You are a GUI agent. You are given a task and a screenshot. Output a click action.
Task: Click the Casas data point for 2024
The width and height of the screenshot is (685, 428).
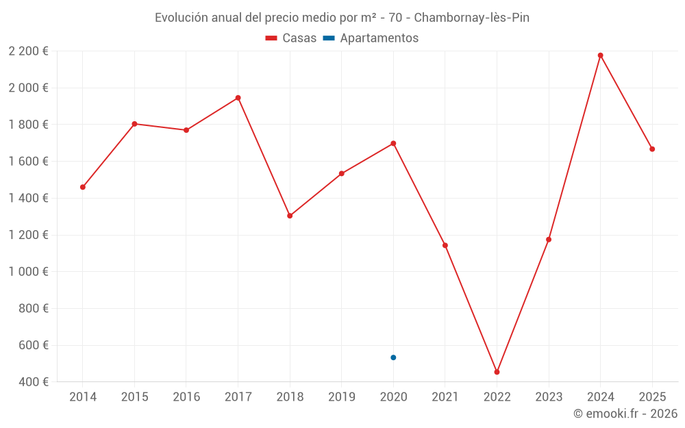(600, 55)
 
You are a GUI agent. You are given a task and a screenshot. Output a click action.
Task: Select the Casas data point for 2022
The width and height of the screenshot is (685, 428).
(497, 372)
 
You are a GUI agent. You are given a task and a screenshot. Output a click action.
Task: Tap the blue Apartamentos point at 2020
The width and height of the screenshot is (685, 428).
(393, 357)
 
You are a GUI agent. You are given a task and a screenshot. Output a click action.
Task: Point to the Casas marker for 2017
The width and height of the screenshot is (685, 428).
(238, 98)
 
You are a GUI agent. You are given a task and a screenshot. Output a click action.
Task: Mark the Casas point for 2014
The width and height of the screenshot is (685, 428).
(83, 187)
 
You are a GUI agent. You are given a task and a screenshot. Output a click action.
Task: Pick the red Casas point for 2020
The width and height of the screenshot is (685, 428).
(393, 143)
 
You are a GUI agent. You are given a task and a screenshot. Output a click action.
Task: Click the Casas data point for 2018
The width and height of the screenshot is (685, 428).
(290, 216)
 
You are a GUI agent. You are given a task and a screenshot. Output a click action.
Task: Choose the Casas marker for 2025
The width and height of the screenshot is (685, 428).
(652, 149)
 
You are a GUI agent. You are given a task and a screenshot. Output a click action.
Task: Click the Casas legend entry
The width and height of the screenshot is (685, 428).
(291, 38)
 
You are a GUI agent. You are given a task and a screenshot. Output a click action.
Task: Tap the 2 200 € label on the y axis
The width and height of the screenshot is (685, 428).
(29, 51)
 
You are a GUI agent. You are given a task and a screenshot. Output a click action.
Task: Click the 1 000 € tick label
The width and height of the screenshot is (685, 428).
(29, 272)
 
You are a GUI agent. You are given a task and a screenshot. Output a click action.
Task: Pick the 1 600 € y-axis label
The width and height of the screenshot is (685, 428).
(29, 162)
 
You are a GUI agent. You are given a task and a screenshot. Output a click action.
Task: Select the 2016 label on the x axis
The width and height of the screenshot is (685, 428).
(186, 397)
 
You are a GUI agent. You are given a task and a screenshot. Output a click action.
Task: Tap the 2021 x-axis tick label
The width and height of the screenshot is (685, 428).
(445, 397)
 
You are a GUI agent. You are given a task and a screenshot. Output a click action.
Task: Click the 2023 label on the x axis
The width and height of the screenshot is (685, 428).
(549, 397)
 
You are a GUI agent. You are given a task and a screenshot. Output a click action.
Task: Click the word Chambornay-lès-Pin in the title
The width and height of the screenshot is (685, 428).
(472, 18)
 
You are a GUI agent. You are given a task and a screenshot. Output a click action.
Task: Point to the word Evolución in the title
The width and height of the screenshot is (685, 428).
(182, 18)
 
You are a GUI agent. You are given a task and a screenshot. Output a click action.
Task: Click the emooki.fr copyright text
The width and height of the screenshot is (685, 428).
(625, 414)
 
